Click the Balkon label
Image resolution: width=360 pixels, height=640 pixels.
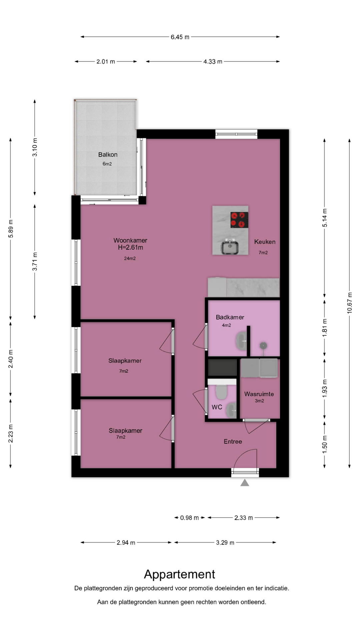click(108, 155)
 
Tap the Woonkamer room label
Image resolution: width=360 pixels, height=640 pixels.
click(130, 240)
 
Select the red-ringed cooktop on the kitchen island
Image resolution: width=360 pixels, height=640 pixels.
click(239, 220)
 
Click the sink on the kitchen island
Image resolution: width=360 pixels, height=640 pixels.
click(230, 247)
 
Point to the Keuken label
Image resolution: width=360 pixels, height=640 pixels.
click(265, 242)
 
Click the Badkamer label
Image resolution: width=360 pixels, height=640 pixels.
click(230, 317)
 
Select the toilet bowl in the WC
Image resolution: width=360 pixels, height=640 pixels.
click(221, 392)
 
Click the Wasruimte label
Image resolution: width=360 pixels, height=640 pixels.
click(259, 394)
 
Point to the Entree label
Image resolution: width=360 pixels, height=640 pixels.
click(233, 442)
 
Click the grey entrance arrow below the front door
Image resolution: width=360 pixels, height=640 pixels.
click(245, 483)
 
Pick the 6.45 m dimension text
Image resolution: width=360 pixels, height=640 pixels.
click(180, 37)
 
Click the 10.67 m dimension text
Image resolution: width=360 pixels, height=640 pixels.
click(350, 303)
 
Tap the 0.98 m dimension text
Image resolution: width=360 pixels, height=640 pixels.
click(189, 518)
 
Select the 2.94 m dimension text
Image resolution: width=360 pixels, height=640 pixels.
click(126, 543)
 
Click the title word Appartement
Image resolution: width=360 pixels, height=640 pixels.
click(180, 574)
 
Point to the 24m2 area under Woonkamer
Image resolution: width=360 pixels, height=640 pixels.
click(130, 258)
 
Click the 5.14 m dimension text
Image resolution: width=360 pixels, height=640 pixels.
click(325, 218)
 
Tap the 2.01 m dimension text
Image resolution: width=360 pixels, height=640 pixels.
click(106, 62)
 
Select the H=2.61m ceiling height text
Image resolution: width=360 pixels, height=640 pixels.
click(130, 247)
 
